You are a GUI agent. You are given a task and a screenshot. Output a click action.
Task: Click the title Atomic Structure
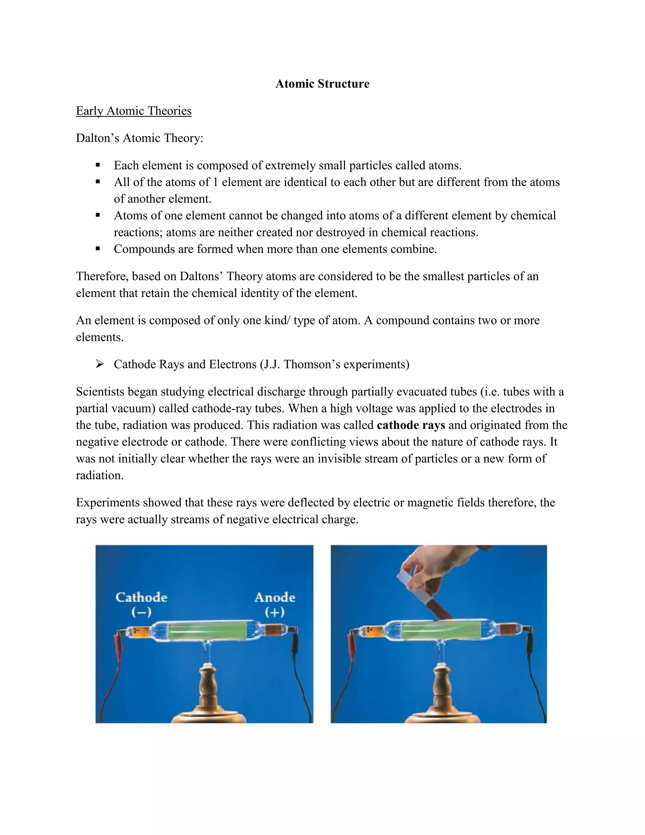[322, 84]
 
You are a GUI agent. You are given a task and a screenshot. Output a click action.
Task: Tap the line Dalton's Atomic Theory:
[140, 138]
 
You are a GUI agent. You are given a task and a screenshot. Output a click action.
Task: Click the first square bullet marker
[98, 165]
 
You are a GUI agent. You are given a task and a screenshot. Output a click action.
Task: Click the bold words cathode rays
[411, 425]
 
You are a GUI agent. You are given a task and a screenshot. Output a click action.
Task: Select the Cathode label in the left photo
[141, 597]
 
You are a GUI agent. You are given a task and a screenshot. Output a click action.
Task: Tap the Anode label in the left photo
[275, 597]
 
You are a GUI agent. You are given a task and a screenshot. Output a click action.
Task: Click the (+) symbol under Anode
[275, 612]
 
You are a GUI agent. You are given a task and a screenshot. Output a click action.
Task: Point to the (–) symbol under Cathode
[141, 612]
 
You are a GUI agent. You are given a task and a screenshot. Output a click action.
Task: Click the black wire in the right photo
[537, 681]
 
